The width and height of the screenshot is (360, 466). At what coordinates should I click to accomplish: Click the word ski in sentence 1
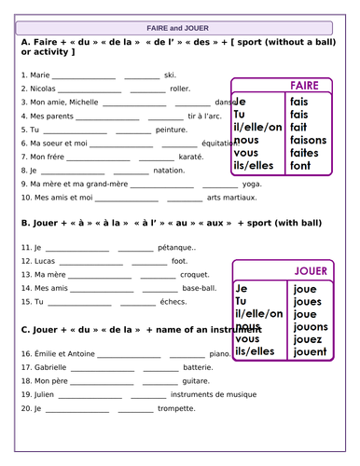(x=169, y=75)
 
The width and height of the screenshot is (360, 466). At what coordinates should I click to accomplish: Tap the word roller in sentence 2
(x=180, y=89)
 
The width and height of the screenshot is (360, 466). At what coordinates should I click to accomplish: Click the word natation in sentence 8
(x=169, y=171)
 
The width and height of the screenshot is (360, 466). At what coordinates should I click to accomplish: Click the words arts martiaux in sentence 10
(x=231, y=199)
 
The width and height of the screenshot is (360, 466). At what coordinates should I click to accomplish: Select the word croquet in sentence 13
(x=194, y=275)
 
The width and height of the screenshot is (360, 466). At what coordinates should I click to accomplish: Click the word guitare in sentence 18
(x=195, y=381)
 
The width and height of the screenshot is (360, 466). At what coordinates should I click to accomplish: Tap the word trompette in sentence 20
(x=176, y=408)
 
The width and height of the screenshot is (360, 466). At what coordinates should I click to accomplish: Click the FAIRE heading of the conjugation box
(x=304, y=86)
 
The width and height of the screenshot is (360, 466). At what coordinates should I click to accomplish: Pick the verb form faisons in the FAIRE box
(x=309, y=140)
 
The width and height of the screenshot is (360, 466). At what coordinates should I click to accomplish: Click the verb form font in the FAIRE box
(x=299, y=166)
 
